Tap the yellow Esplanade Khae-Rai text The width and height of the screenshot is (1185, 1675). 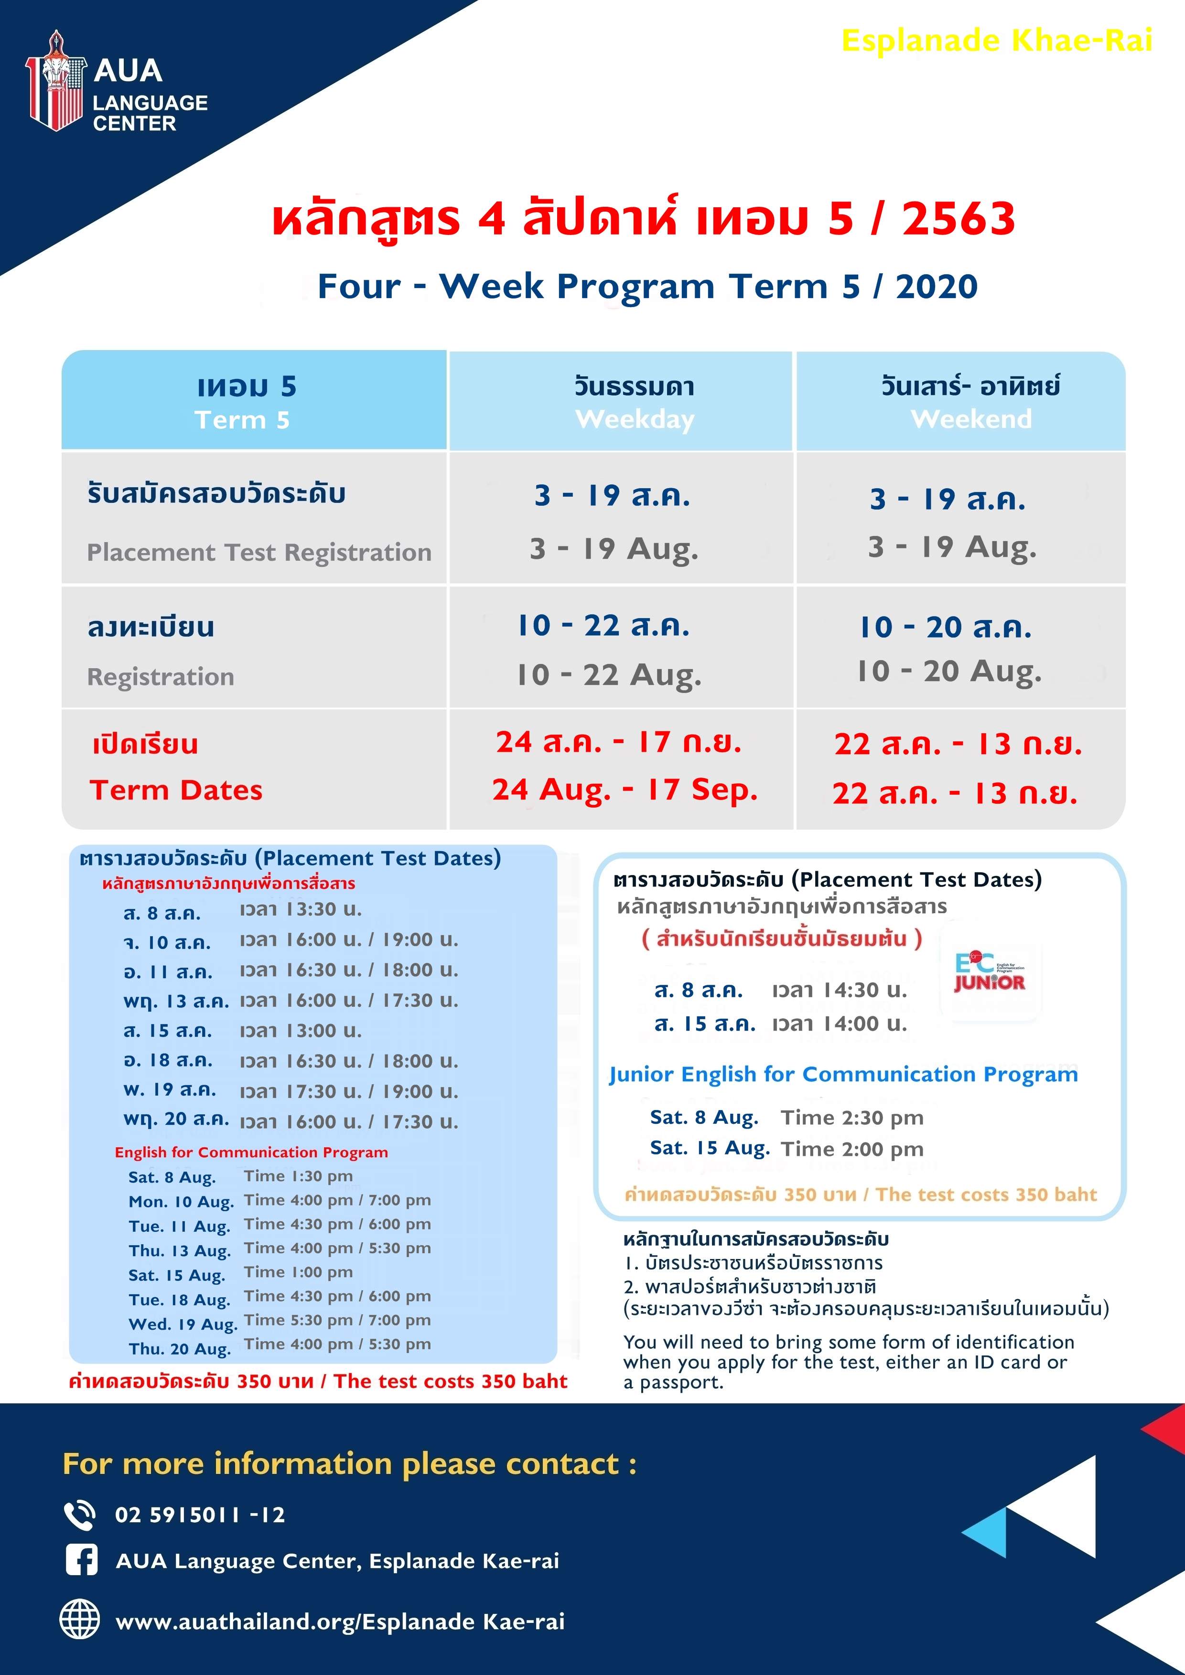click(997, 41)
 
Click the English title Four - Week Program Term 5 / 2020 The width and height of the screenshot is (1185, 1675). click(647, 286)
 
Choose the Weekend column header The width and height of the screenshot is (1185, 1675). click(971, 419)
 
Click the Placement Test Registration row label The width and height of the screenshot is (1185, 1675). click(259, 552)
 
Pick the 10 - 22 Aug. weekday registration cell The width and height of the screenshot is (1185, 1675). click(609, 675)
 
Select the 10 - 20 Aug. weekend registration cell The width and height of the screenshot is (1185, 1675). click(948, 671)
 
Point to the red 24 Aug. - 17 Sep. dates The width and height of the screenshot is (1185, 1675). click(625, 790)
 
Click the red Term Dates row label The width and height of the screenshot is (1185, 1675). click(176, 790)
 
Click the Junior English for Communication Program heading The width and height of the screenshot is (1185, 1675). click(843, 1075)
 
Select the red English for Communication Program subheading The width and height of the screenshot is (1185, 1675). click(251, 1152)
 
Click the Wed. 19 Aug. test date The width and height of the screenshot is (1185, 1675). click(183, 1323)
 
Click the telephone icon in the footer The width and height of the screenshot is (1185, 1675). click(79, 1515)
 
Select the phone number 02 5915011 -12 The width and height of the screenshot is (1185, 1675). click(200, 1515)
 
